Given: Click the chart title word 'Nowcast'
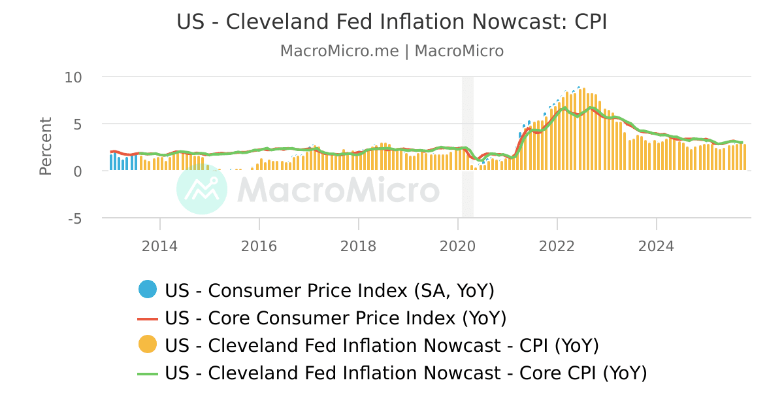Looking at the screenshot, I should tap(514, 22).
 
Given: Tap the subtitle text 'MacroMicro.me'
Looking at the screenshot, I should tap(339, 51).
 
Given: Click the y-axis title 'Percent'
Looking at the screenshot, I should tap(45, 146).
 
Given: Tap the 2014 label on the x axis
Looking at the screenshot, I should tap(159, 247).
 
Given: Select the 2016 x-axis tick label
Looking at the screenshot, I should tap(259, 247).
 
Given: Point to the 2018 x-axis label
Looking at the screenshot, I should tap(358, 247).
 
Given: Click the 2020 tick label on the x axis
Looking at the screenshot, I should tap(457, 247).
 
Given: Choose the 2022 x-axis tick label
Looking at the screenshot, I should tap(557, 247).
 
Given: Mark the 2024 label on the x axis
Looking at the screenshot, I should tap(656, 247).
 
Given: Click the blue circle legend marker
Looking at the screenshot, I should tap(148, 290).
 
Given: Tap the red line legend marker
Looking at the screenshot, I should tap(148, 318).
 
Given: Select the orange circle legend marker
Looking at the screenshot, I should tap(148, 345).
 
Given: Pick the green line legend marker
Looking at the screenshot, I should tap(148, 373).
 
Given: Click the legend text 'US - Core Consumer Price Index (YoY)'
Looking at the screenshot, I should tap(336, 318).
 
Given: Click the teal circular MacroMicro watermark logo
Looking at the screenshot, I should tap(202, 189).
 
